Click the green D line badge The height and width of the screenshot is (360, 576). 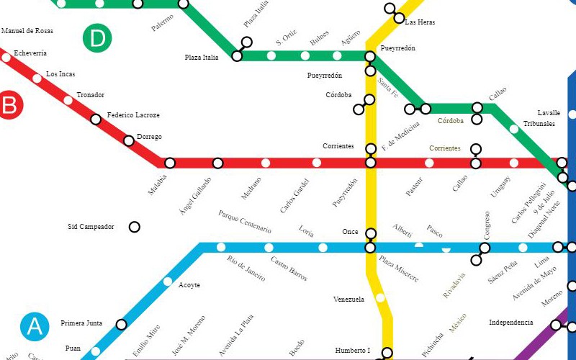97,39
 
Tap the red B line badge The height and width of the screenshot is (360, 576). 9,106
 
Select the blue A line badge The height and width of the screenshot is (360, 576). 35,327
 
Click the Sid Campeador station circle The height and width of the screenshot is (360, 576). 134,228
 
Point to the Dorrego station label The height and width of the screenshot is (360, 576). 148,137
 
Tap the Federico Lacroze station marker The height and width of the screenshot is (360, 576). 96,119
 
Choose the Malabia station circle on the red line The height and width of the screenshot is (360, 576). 170,163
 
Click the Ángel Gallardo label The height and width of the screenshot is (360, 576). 196,195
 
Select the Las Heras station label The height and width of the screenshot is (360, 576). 420,22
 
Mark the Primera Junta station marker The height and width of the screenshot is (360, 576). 121,325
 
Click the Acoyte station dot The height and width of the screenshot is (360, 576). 168,282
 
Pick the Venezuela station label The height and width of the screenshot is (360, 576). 349,299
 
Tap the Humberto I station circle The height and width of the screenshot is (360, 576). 387,353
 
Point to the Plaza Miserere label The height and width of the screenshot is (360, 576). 398,269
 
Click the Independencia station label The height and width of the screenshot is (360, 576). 511,323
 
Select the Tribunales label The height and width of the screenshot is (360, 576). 539,124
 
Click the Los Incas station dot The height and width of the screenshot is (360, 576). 37,78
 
